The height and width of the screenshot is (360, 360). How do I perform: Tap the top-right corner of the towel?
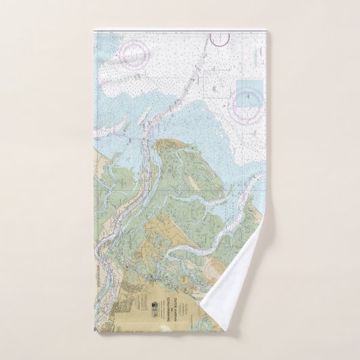(266, 31)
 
